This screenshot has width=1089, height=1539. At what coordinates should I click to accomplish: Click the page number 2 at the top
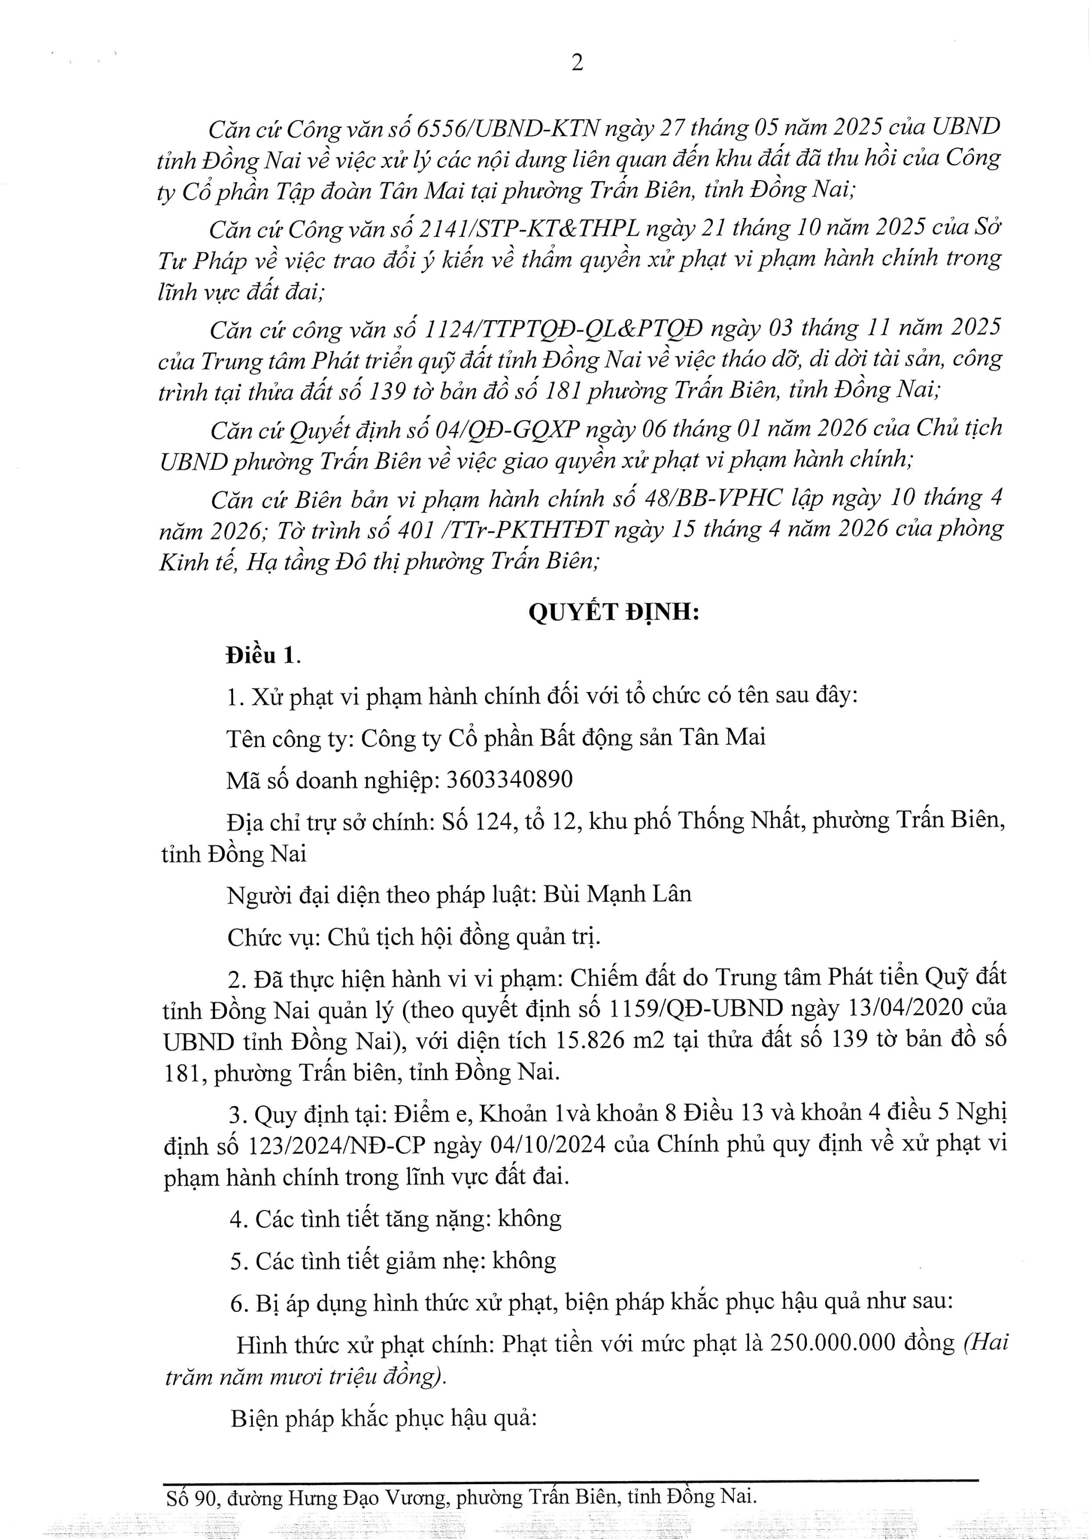(x=576, y=63)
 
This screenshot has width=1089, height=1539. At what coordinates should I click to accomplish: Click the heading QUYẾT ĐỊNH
(x=614, y=613)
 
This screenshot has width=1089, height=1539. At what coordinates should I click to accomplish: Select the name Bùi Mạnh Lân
(x=616, y=894)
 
